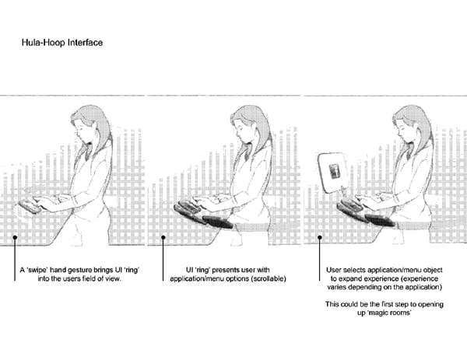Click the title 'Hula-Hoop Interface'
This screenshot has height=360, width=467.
62,43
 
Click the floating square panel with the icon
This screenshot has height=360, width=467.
332,173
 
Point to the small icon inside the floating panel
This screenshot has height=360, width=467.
335,171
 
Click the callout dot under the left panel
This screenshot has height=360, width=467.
15,237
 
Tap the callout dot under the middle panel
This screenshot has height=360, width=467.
163,237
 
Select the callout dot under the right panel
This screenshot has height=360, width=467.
320,237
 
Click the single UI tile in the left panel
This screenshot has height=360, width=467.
30,207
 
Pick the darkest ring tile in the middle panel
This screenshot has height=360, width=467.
217,222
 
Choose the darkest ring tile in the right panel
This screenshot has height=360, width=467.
380,221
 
